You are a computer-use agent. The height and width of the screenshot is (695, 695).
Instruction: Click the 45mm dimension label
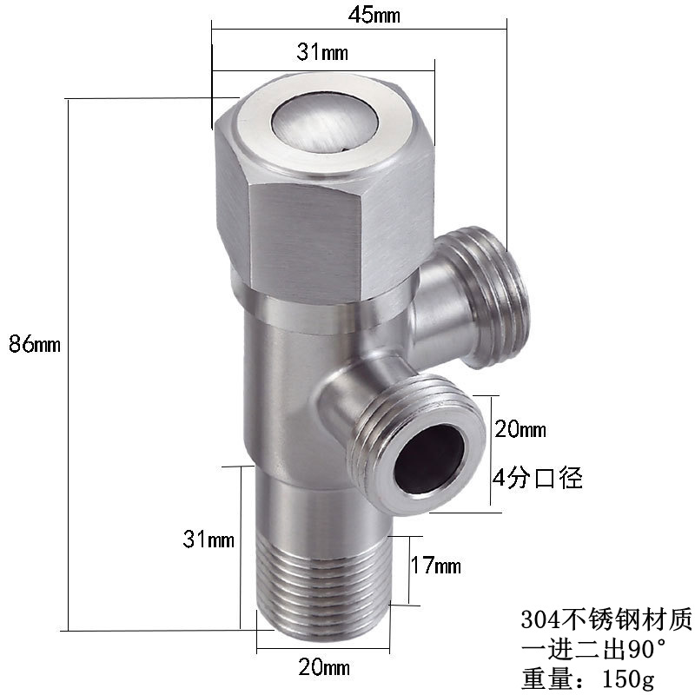(x=374, y=15)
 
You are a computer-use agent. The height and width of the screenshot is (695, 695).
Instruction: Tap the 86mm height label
(x=35, y=343)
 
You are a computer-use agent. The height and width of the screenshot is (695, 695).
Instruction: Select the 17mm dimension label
(x=436, y=566)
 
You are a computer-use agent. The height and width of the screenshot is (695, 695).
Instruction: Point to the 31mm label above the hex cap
(x=322, y=52)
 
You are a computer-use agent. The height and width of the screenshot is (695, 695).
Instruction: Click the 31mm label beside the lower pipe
(x=208, y=539)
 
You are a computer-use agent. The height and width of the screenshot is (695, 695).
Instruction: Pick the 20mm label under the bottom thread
(x=324, y=667)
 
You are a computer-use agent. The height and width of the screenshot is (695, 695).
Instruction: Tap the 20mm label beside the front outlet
(x=520, y=429)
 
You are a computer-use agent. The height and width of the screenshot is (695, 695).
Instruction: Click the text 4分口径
(x=538, y=478)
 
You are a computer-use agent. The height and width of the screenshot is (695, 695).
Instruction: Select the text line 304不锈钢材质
(x=606, y=619)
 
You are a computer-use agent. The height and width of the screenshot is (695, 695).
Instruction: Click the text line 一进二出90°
(x=594, y=650)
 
